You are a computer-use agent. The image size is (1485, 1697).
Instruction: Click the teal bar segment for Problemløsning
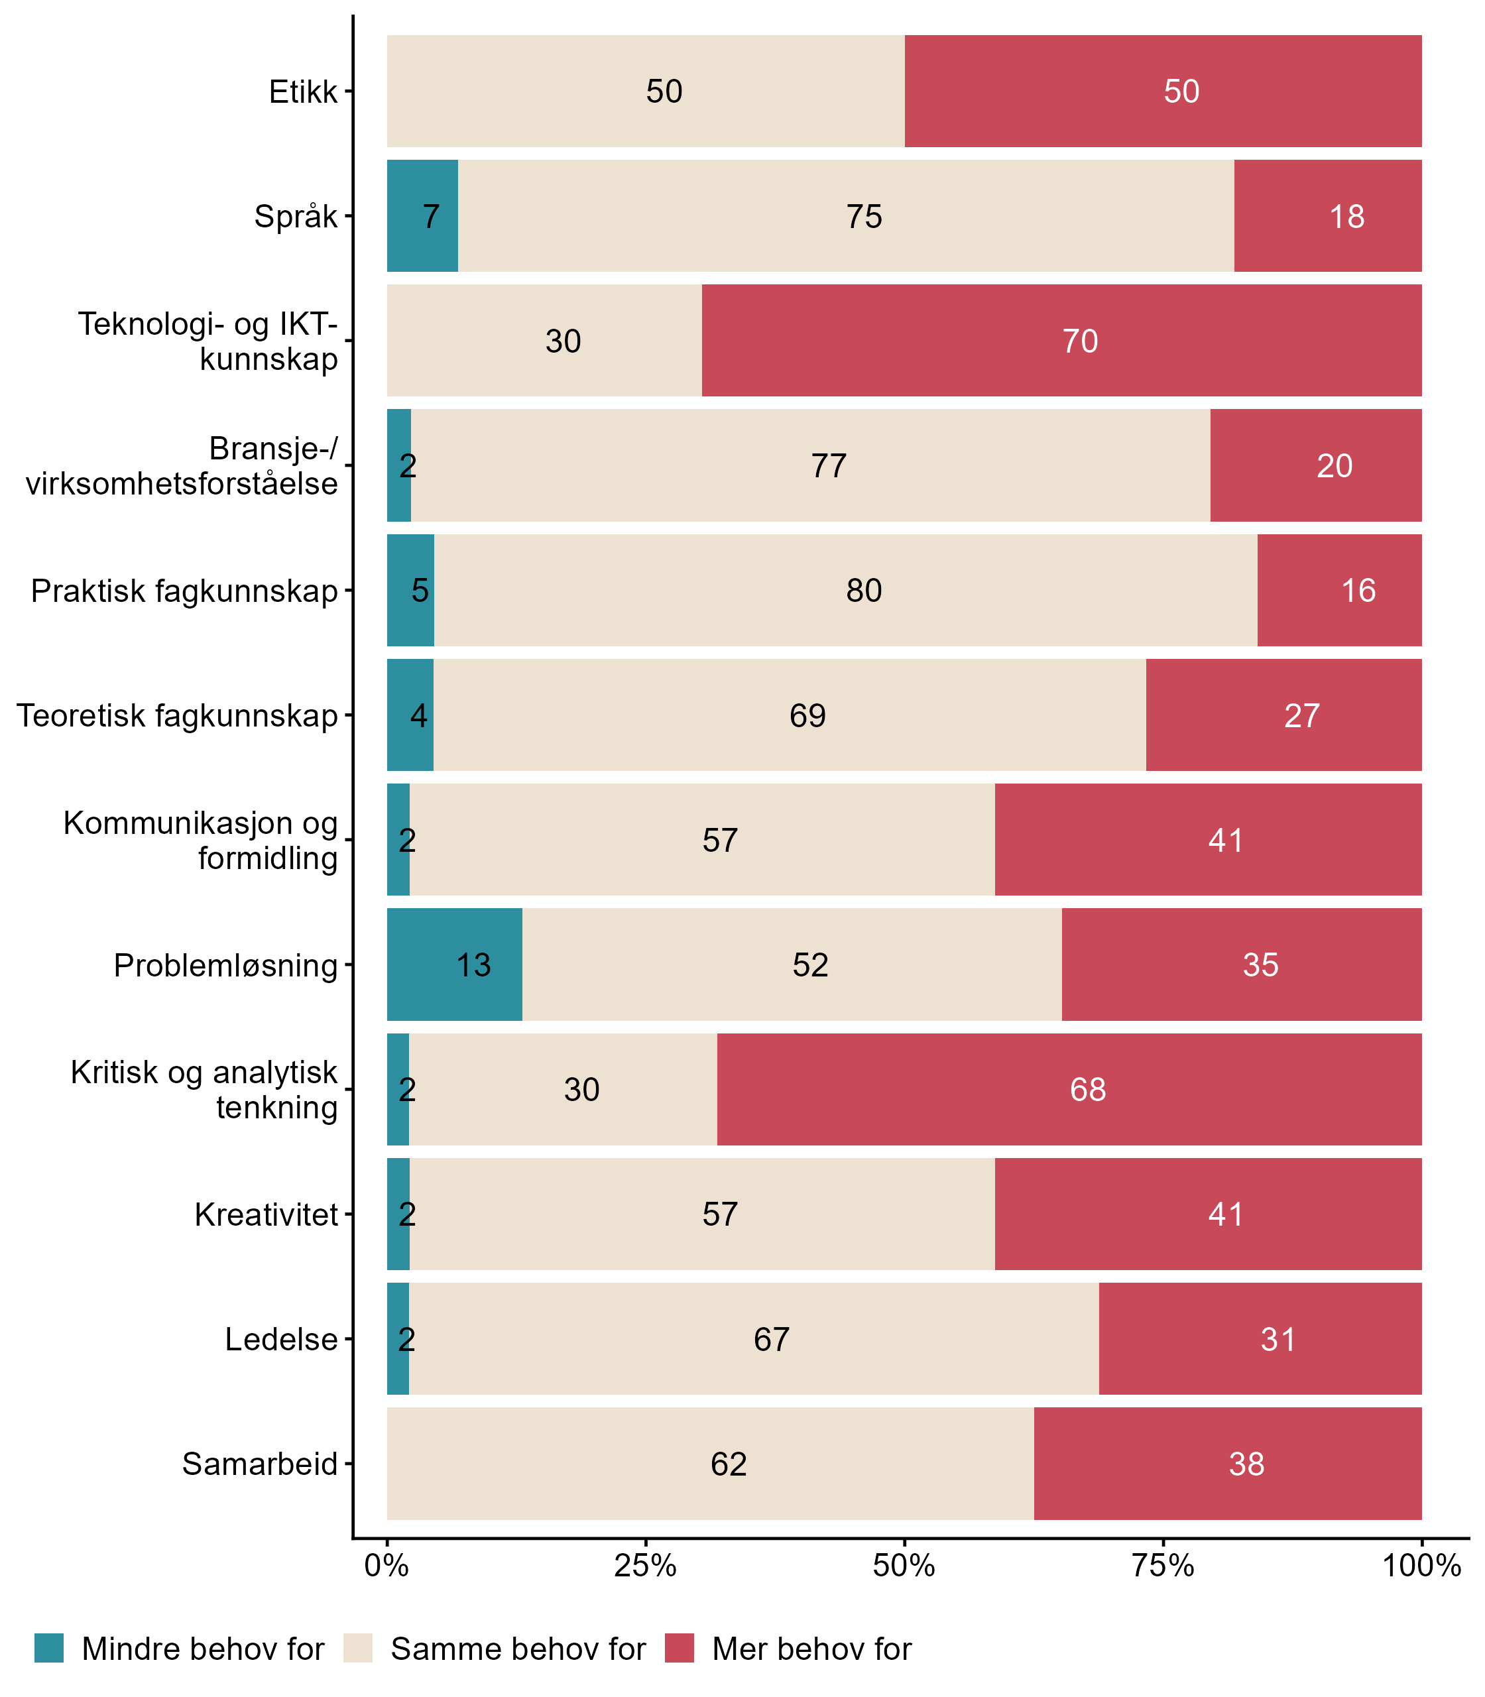454,965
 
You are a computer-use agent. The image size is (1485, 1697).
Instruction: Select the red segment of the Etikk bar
1163,91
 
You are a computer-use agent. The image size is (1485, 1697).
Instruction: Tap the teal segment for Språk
422,215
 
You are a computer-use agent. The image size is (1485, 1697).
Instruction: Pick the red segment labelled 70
1061,341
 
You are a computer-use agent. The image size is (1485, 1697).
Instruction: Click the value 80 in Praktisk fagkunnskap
863,591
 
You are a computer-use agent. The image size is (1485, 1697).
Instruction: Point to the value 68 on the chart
1087,1090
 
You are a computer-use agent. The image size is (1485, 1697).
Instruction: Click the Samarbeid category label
259,1464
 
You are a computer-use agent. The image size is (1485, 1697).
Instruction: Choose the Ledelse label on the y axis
281,1339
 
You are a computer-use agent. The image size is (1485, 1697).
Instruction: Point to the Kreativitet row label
266,1214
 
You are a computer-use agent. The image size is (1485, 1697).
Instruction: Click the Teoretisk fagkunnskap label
178,716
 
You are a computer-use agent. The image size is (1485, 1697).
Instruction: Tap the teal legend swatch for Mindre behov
49,1648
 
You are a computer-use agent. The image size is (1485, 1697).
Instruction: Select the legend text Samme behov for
518,1649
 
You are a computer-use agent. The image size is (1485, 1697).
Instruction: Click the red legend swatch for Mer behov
679,1648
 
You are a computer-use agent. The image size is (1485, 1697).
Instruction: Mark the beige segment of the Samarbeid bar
710,1464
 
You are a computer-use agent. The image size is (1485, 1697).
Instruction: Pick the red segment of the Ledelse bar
1260,1339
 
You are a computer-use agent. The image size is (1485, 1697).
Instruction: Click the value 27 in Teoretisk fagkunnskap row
1301,716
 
